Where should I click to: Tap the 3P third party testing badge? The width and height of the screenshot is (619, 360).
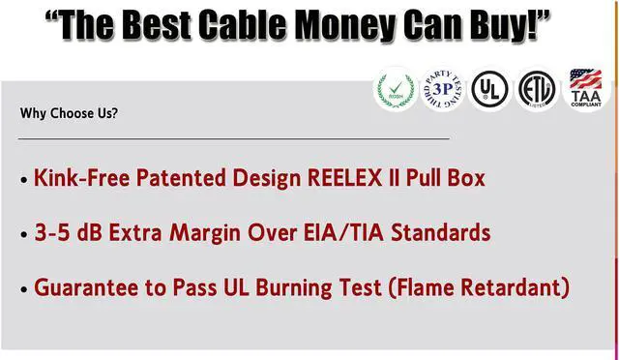point(444,90)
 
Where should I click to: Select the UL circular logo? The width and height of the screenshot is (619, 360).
point(490,90)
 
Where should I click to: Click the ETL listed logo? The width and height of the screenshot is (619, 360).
point(537,90)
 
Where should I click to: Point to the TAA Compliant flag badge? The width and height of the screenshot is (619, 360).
point(585,90)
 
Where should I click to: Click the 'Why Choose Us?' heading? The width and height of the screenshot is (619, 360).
point(70,113)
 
